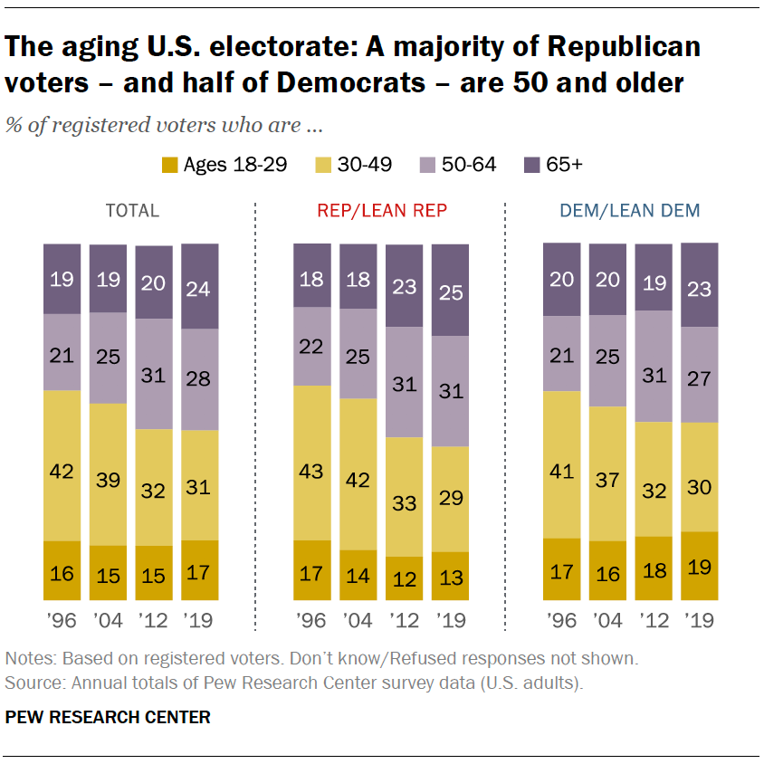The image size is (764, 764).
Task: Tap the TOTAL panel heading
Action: (132, 211)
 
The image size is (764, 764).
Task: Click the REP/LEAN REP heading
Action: (382, 211)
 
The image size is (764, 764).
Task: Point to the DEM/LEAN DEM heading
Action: (629, 211)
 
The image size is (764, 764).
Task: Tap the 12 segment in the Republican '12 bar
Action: (404, 578)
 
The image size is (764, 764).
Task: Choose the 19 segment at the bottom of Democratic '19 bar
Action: (700, 566)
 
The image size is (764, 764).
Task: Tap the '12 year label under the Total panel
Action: (154, 620)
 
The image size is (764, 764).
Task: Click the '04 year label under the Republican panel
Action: (358, 620)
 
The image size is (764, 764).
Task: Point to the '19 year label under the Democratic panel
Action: (700, 620)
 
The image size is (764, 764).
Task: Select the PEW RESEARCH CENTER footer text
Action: (109, 717)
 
